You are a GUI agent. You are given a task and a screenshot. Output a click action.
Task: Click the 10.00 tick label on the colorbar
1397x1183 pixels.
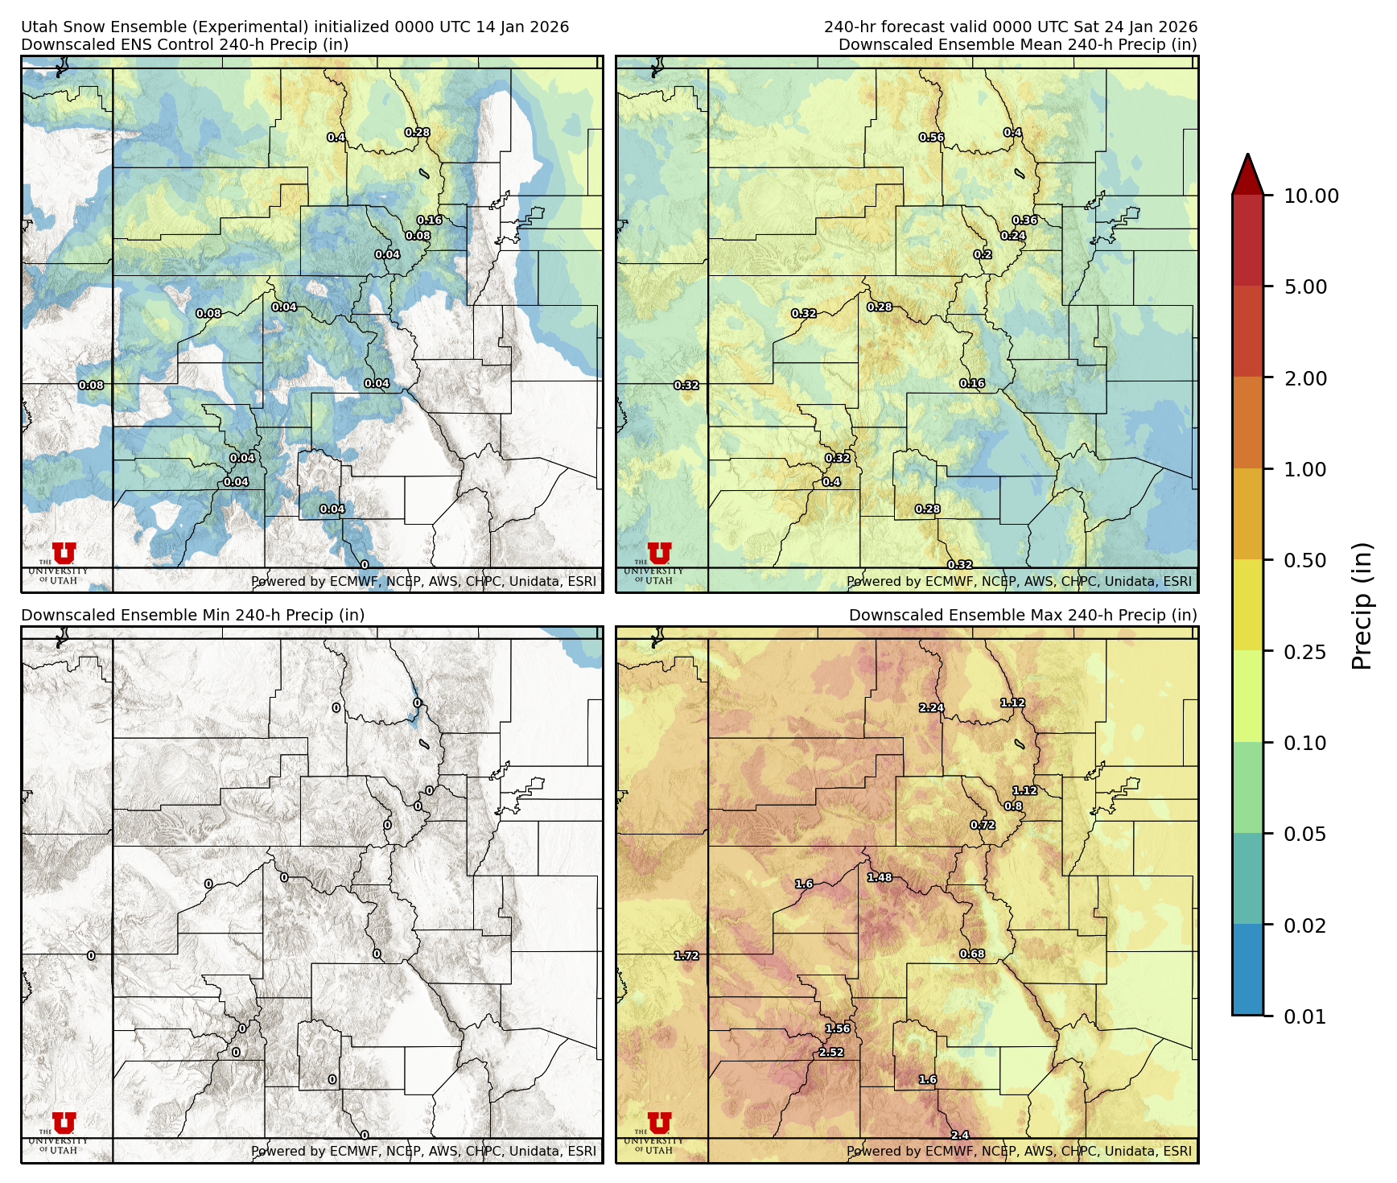pos(1311,196)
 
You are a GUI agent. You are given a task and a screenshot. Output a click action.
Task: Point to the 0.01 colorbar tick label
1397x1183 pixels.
pos(1304,1016)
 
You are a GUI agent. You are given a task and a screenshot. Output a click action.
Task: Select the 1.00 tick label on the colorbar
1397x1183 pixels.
pos(1304,469)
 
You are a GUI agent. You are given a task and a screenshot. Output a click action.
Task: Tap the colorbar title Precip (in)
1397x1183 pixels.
pos(1362,606)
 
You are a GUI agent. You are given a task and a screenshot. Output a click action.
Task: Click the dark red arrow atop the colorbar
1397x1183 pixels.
pos(1247,174)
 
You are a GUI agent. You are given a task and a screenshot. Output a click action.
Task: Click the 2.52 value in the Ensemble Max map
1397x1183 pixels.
pos(831,1052)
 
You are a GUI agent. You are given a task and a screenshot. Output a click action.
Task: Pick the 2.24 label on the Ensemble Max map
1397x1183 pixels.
pos(931,707)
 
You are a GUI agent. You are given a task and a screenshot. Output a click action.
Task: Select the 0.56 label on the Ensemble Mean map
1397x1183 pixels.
pos(931,138)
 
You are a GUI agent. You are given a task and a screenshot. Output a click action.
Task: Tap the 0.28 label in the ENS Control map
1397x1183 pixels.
pos(417,132)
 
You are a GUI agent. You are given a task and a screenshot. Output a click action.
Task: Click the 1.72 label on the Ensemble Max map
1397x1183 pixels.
pos(686,955)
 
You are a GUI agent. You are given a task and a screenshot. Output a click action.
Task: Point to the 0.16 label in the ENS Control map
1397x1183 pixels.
pos(429,220)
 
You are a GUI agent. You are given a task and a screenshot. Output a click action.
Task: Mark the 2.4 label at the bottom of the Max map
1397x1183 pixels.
pos(959,1135)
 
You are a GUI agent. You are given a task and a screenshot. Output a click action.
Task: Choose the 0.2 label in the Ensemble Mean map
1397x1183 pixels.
pos(982,254)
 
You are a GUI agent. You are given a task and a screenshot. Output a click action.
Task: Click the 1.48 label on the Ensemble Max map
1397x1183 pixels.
pos(879,877)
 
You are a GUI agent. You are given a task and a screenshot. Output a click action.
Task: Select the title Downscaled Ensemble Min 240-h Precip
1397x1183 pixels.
pos(192,615)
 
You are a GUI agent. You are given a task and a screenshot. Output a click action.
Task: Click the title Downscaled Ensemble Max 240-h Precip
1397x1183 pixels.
pos(1022,615)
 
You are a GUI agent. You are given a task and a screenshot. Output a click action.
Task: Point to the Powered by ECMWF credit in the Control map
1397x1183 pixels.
pos(423,581)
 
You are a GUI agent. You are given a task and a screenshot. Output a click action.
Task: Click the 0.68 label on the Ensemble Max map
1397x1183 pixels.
pos(971,954)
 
